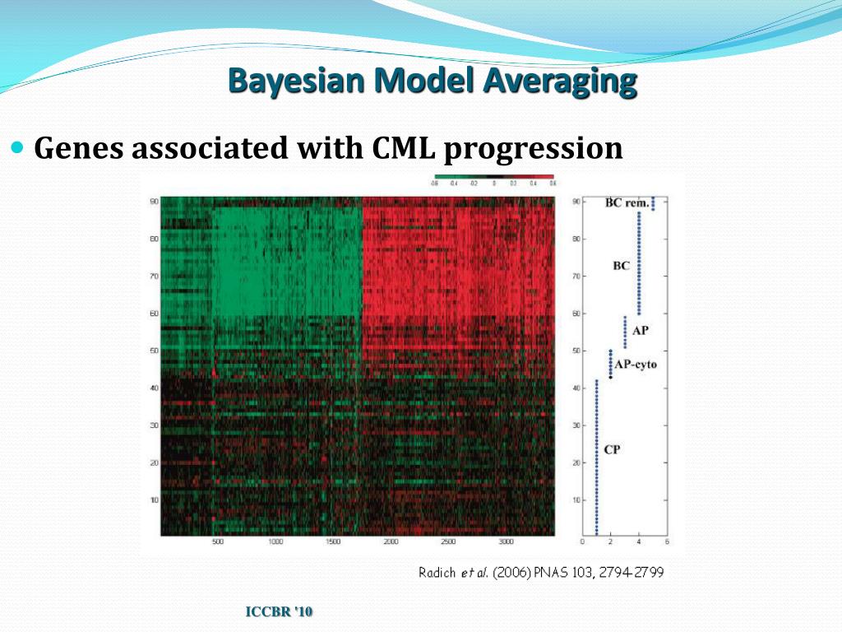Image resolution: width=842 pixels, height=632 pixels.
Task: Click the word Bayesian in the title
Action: point(282,81)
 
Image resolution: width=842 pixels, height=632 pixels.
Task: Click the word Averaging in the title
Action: point(560,81)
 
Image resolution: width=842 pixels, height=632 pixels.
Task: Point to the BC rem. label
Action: point(627,202)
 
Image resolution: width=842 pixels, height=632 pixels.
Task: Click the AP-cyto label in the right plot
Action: point(636,364)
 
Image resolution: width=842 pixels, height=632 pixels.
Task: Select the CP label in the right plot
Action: point(612,449)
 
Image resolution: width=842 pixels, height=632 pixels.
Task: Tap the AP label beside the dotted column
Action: point(641,330)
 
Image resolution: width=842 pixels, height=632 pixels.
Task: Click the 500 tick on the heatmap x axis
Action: point(218,542)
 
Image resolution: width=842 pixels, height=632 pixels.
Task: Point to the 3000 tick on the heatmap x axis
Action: point(507,542)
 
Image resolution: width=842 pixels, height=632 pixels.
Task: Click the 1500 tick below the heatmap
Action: point(333,542)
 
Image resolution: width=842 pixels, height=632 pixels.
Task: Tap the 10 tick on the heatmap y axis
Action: point(153,500)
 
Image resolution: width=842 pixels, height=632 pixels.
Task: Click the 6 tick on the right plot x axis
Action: point(666,542)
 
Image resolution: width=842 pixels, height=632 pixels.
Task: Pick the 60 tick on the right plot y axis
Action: point(576,314)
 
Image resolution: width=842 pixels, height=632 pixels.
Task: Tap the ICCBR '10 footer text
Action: point(280,611)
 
